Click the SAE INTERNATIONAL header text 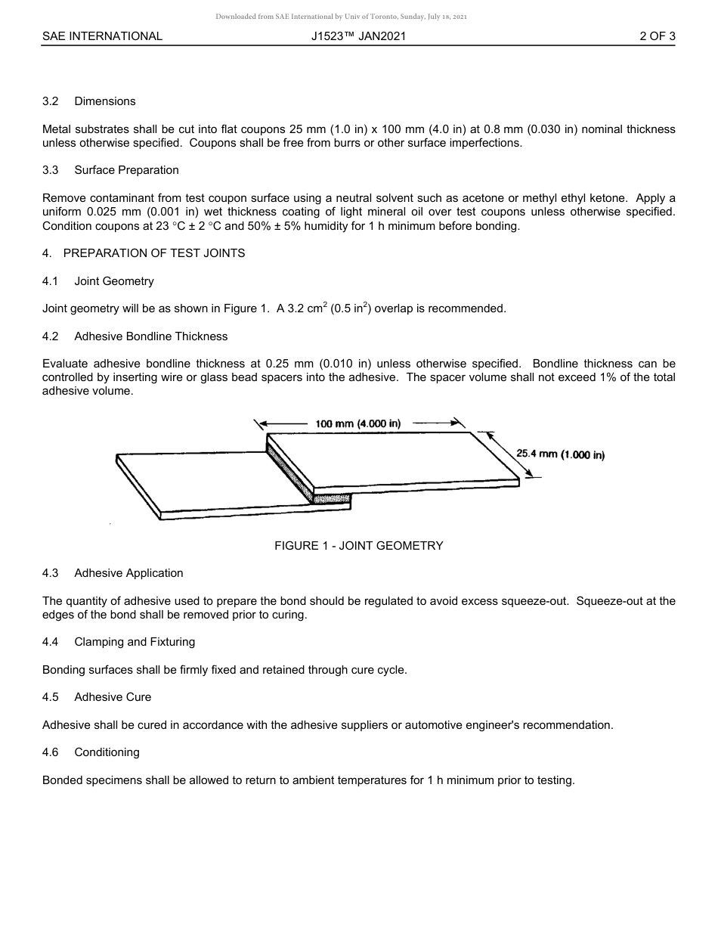coord(102,36)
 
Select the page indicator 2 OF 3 coord(657,36)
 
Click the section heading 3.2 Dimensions coord(89,101)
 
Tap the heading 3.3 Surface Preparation coord(110,170)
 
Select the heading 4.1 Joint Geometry coord(98,281)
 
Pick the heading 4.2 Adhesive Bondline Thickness coord(135,336)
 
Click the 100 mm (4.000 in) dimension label coord(358,424)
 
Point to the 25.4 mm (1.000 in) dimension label coord(560,454)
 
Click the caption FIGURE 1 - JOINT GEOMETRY coord(358,546)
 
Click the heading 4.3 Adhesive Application coord(113,573)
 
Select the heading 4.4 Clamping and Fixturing coord(119,642)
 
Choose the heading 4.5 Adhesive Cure coord(97,697)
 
